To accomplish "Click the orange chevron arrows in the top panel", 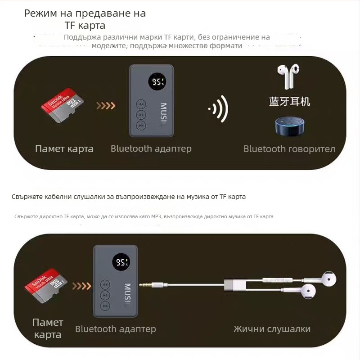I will coord(106,106).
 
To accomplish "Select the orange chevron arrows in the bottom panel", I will coord(82,286).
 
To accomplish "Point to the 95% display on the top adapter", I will coord(158,82).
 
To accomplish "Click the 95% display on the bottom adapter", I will coord(121,262).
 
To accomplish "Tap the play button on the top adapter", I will coord(141,115).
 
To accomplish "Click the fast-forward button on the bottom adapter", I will coord(105,306).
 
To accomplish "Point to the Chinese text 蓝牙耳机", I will coord(289,101).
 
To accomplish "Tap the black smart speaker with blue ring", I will coord(289,127).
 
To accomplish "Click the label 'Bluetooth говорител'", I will coord(289,149).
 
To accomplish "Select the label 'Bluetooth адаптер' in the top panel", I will coord(151,148).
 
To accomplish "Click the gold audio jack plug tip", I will coord(145,284).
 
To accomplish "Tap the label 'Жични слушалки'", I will coord(272,329).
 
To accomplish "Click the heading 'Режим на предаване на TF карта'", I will coord(85,19).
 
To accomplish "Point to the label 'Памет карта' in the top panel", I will coord(64,149).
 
